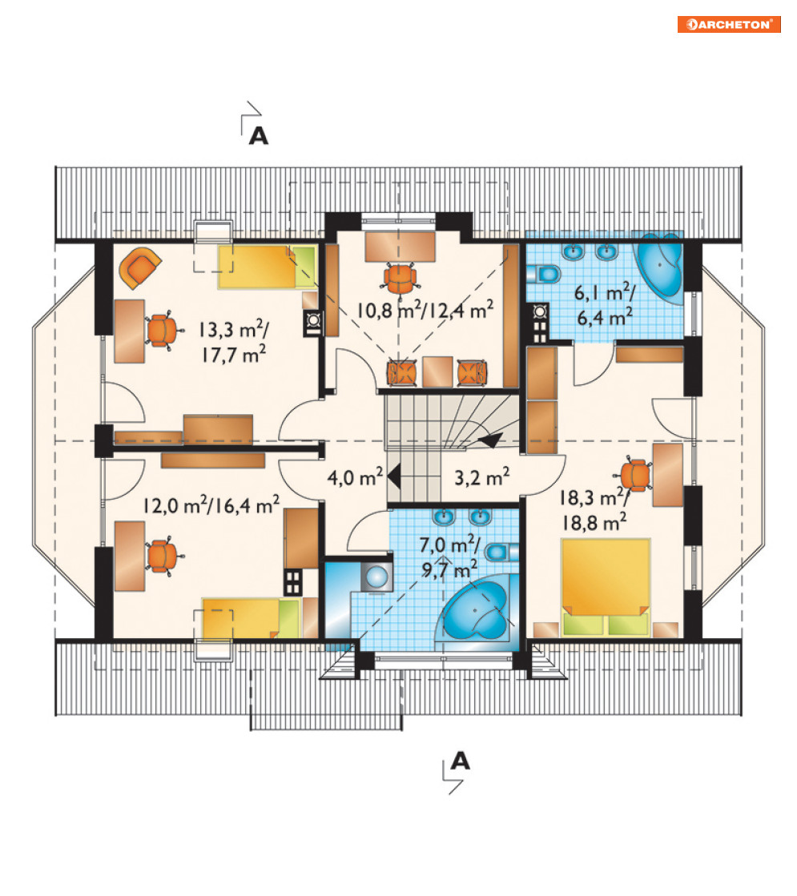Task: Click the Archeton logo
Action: click(729, 24)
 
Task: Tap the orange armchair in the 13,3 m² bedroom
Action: click(139, 267)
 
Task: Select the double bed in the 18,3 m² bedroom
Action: click(606, 586)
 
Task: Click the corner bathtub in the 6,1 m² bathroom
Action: click(660, 267)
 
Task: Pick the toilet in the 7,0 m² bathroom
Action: click(501, 552)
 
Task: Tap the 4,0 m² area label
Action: click(355, 476)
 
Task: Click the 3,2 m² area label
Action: click(482, 476)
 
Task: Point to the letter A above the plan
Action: click(259, 136)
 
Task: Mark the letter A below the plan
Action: click(461, 761)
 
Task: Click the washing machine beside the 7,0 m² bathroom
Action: click(376, 576)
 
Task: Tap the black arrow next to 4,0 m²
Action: click(392, 476)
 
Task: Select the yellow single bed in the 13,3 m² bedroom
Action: click(267, 267)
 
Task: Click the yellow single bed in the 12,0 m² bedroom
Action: click(252, 618)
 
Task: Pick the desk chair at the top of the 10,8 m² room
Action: click(400, 279)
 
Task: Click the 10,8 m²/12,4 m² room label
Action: click(425, 311)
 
